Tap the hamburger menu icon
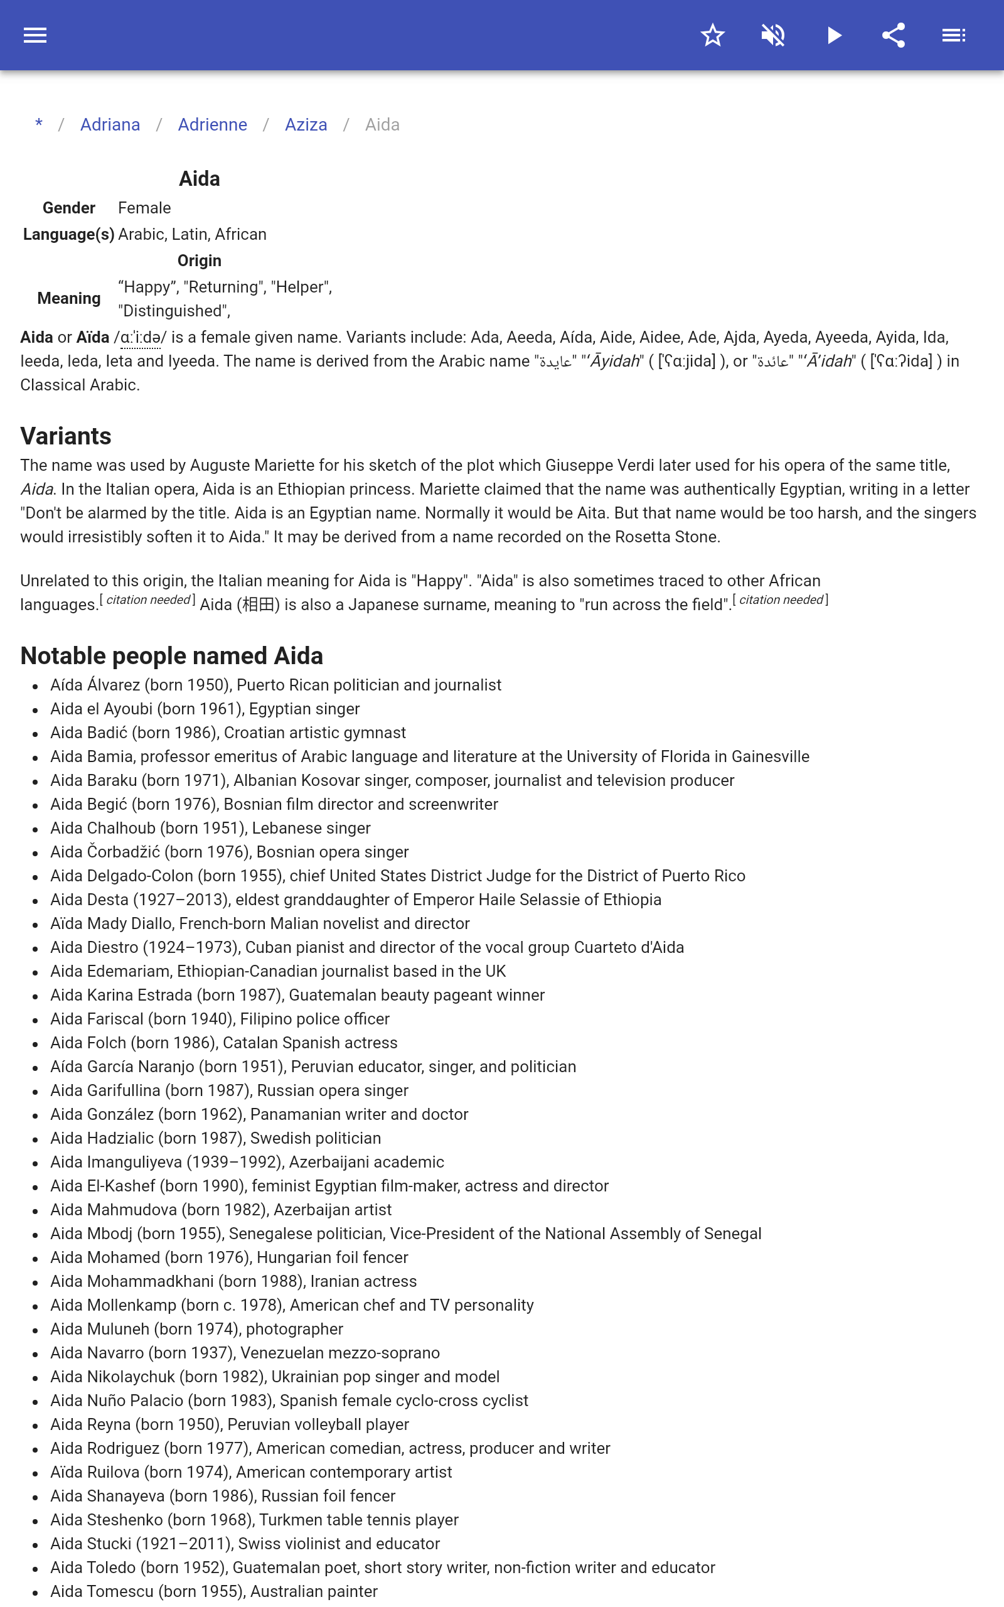click(35, 35)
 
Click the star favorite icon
click(712, 35)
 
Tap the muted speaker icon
click(773, 35)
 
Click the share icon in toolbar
click(894, 35)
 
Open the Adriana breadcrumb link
click(110, 125)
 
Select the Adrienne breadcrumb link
click(213, 125)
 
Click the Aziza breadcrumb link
click(306, 125)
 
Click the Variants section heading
click(66, 436)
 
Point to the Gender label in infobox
click(69, 208)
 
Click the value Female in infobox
click(144, 208)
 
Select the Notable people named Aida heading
click(171, 656)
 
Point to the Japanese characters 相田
click(259, 605)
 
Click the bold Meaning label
click(69, 298)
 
